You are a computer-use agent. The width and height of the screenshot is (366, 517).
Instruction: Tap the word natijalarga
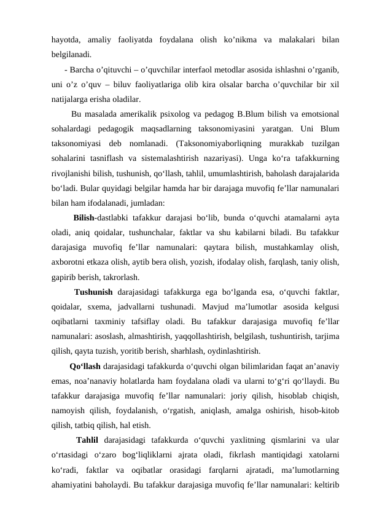(x=71, y=98)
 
